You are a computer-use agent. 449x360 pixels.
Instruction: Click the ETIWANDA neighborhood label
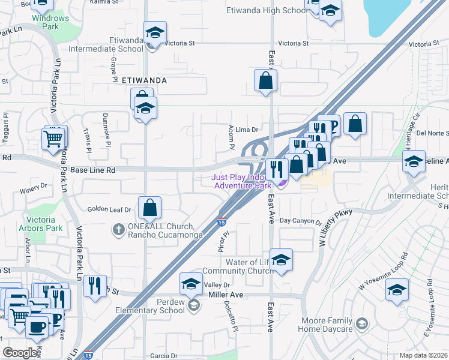click(x=143, y=80)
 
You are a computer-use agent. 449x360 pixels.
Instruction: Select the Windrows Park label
click(x=50, y=22)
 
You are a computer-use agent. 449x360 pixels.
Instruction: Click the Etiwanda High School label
click(x=267, y=10)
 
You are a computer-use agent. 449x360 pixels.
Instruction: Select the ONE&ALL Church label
click(x=160, y=230)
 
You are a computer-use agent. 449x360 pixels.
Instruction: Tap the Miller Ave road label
click(x=225, y=295)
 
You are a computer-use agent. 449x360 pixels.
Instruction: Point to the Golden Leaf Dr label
click(x=109, y=209)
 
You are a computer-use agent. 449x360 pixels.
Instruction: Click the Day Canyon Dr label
click(x=300, y=221)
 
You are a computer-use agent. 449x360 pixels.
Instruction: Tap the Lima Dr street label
click(x=246, y=129)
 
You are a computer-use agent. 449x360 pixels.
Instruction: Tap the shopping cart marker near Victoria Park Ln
click(x=54, y=139)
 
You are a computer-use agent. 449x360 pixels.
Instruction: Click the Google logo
click(x=20, y=353)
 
